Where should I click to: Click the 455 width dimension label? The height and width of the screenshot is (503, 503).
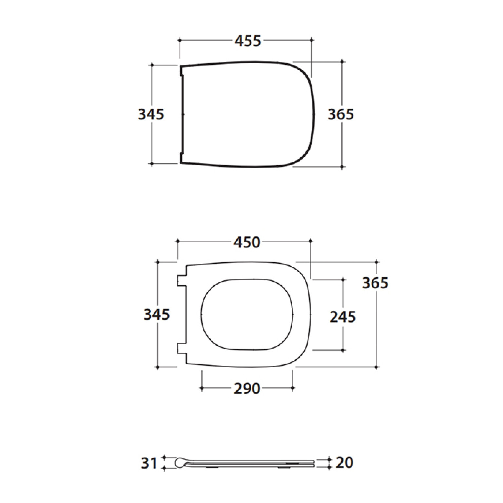[248, 41]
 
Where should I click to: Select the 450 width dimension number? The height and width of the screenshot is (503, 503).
[247, 242]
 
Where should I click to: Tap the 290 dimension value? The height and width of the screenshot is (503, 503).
[247, 389]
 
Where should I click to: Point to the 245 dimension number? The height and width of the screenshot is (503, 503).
[343, 317]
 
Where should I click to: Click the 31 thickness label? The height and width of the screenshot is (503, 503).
[149, 463]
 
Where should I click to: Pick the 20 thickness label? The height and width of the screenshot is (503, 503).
[345, 462]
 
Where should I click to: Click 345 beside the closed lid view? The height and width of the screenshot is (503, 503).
[151, 114]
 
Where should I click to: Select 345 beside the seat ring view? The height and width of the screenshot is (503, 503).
[156, 314]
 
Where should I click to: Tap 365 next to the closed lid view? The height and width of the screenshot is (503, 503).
[341, 114]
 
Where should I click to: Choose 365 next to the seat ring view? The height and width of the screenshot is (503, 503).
[375, 283]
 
